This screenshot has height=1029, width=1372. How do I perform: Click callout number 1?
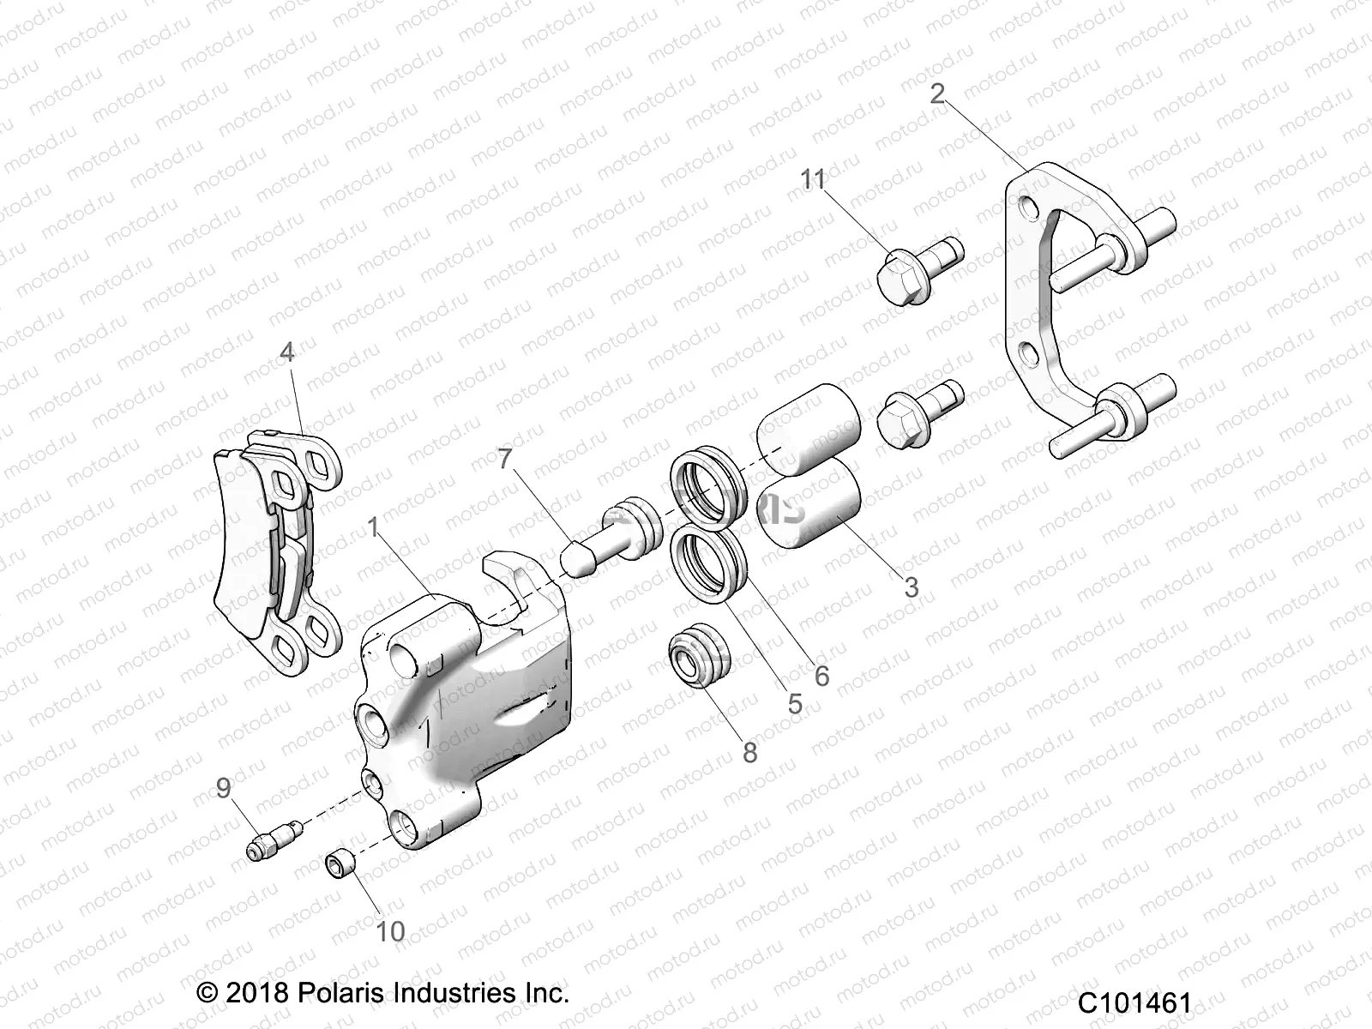373,528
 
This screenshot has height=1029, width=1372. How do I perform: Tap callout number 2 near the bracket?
937,93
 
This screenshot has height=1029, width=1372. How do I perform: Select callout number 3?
911,587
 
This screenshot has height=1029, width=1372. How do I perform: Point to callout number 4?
286,352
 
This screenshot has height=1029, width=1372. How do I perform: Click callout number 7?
504,459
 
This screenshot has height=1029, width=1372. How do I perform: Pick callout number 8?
750,753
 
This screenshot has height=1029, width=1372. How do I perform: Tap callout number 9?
224,787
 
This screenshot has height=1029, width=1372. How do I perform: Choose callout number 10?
390,931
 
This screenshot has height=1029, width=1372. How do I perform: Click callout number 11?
813,180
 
